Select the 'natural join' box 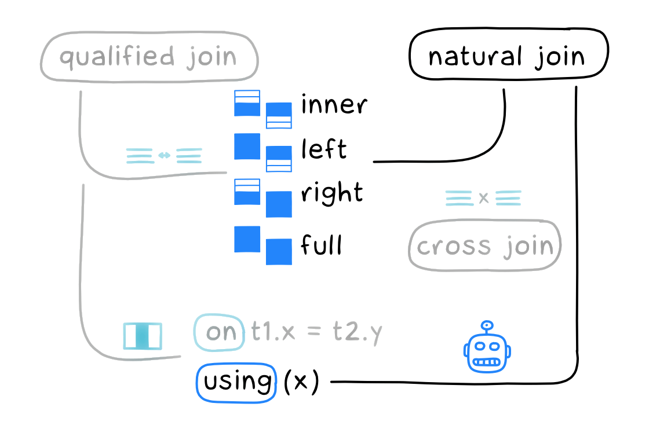coord(508,57)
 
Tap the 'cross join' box coord(485,246)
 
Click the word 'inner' coord(334,105)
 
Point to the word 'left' coord(323,149)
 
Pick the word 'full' coord(321,245)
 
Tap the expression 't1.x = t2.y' coord(316,333)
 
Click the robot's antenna coord(487,326)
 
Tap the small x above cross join coord(483,198)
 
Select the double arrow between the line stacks coord(164,155)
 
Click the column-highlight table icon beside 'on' coord(142,336)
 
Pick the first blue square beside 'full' coord(247,239)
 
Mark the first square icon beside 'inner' coord(247,103)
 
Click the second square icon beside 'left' coord(279,159)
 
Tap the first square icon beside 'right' coord(247,192)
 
